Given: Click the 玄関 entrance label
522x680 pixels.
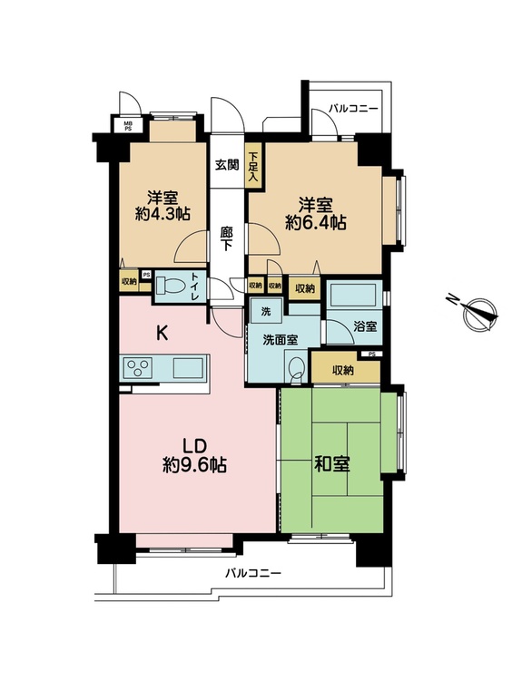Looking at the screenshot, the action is pos(228,165).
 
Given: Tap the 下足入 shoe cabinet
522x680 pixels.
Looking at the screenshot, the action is pos(253,166).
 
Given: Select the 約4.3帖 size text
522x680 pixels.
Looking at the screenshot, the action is pos(163,214).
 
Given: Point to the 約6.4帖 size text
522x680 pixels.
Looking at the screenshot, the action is pos(316,223).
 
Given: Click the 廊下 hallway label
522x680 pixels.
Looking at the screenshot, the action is pos(227,239).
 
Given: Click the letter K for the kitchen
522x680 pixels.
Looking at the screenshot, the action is pos(162,334).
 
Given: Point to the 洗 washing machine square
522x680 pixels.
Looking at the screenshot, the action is pos(266,312).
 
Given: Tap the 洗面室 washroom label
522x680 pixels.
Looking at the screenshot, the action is pos(281,340).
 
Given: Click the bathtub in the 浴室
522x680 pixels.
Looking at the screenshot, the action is pos(353,295).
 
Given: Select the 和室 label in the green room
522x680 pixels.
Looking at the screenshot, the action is pos(331,465).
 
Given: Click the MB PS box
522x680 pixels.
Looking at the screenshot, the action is pos(128,126).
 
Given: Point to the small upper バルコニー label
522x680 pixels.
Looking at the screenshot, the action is pos(352,108).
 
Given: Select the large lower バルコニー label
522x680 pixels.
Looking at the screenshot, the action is pos(252,574).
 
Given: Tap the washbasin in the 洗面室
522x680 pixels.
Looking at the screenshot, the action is pos(298,368).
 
